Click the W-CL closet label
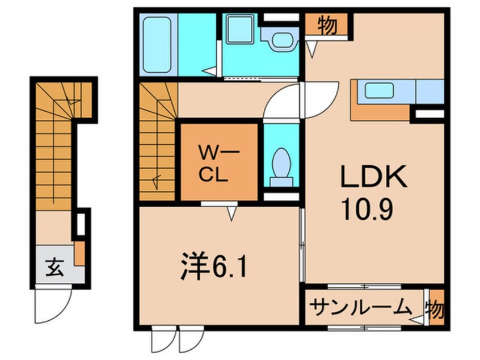213,163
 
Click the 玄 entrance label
53,266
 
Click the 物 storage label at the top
326,26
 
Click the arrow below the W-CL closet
231,213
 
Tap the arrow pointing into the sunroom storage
419,321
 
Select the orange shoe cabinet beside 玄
80,253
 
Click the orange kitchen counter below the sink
380,111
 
